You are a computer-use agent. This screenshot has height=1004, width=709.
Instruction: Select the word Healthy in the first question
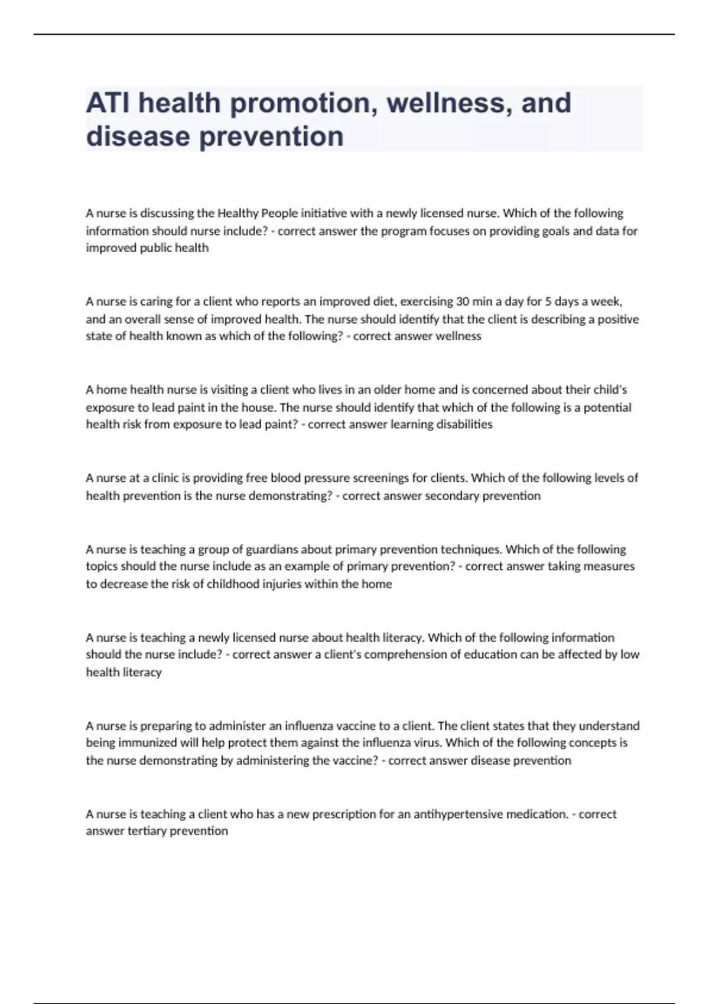coord(238,213)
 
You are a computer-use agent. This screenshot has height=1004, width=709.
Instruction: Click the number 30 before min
coord(462,302)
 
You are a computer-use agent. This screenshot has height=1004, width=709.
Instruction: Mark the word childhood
coord(234,584)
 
